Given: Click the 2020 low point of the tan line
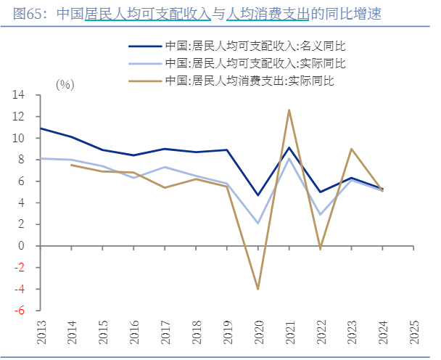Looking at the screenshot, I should click(257, 289).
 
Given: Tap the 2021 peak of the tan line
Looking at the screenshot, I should click(289, 110).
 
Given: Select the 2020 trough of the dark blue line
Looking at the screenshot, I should click(257, 195).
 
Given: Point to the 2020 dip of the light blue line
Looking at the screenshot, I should click(257, 223).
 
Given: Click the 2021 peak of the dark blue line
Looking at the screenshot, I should click(289, 148).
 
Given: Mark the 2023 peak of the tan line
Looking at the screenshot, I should click(351, 149).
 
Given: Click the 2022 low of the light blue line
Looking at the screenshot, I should click(320, 215).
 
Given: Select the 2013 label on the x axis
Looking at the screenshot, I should click(41, 333).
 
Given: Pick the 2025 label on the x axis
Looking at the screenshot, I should click(414, 333).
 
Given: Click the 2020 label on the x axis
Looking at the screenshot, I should click(258, 333).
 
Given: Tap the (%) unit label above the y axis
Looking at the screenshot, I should click(65, 84).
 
